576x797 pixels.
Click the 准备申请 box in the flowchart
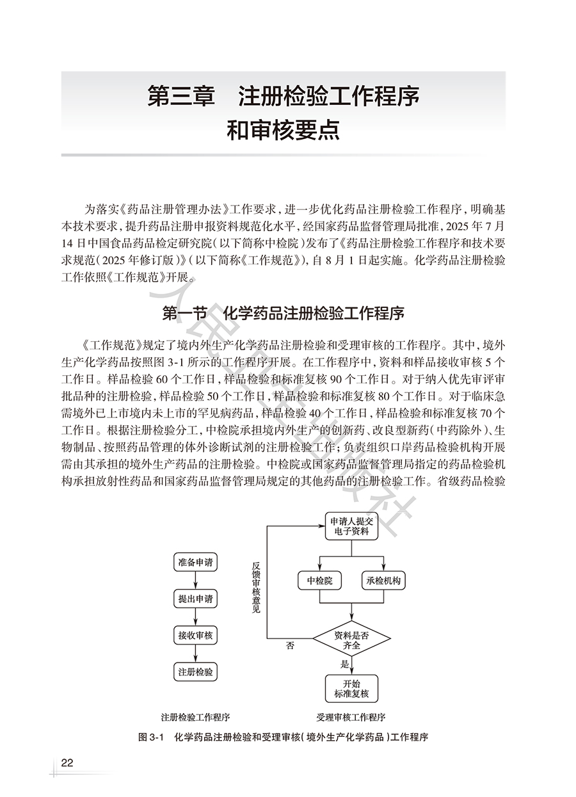pyautogui.click(x=195, y=563)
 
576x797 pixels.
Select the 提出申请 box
pyautogui.click(x=195, y=599)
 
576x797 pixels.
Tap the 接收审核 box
pyautogui.click(x=195, y=635)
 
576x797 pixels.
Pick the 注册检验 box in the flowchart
pyautogui.click(x=195, y=672)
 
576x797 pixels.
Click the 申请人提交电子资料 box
pyautogui.click(x=351, y=526)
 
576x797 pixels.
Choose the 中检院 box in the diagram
pyautogui.click(x=320, y=581)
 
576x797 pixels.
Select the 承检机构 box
pyautogui.click(x=384, y=581)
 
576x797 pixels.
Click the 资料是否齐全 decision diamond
pyautogui.click(x=351, y=640)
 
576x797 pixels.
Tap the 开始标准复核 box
pyautogui.click(x=351, y=689)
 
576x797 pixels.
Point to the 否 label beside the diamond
pyautogui.click(x=290, y=647)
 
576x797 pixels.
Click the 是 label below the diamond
pyautogui.click(x=345, y=664)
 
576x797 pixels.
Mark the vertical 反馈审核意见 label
pyautogui.click(x=256, y=588)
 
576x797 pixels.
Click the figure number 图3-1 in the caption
pyautogui.click(x=152, y=737)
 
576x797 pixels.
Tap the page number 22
pyautogui.click(x=67, y=763)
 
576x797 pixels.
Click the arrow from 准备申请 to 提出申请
pyautogui.click(x=195, y=581)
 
